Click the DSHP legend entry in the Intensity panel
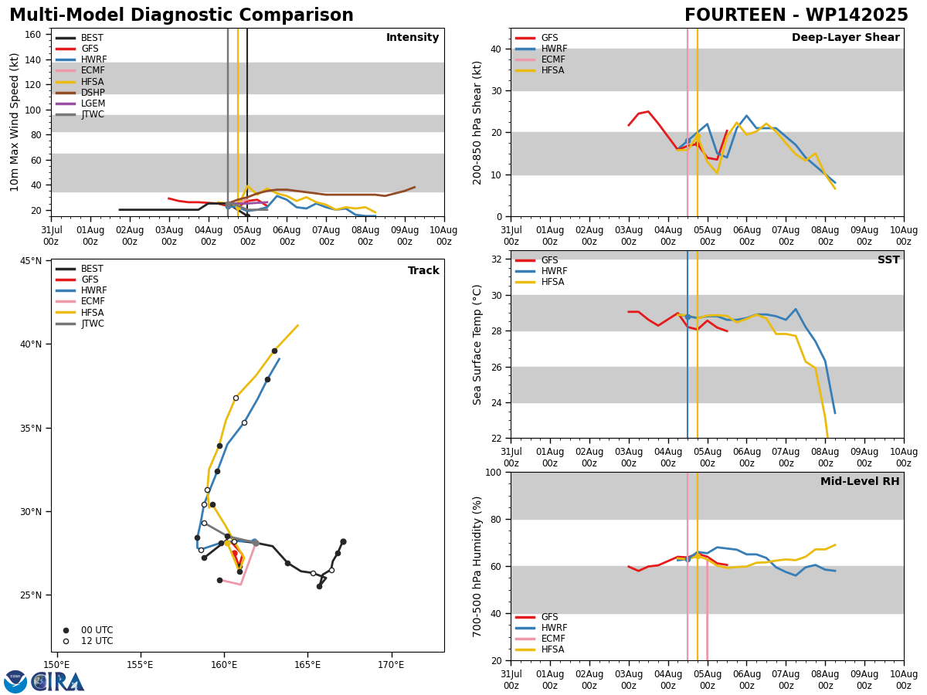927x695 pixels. click(x=80, y=93)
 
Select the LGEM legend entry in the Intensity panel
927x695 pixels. click(x=80, y=103)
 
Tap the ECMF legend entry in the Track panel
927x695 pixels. click(x=80, y=301)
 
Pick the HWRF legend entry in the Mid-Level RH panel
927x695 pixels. click(x=541, y=628)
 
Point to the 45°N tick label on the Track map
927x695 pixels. click(x=31, y=261)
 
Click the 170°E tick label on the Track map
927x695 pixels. click(x=391, y=665)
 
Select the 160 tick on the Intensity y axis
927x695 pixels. click(x=32, y=35)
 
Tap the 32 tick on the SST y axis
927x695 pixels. click(x=497, y=259)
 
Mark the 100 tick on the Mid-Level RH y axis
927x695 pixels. click(x=494, y=472)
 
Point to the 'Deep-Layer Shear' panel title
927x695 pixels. click(x=845, y=38)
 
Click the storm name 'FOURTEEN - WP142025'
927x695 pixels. click(x=796, y=15)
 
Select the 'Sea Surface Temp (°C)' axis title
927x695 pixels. click(x=477, y=344)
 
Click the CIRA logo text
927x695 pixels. click(x=58, y=682)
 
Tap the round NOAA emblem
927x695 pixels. click(x=15, y=682)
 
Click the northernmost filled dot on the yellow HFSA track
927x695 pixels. click(x=274, y=351)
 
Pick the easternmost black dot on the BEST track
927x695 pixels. click(x=343, y=542)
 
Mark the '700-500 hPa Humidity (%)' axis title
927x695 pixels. click(x=477, y=567)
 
